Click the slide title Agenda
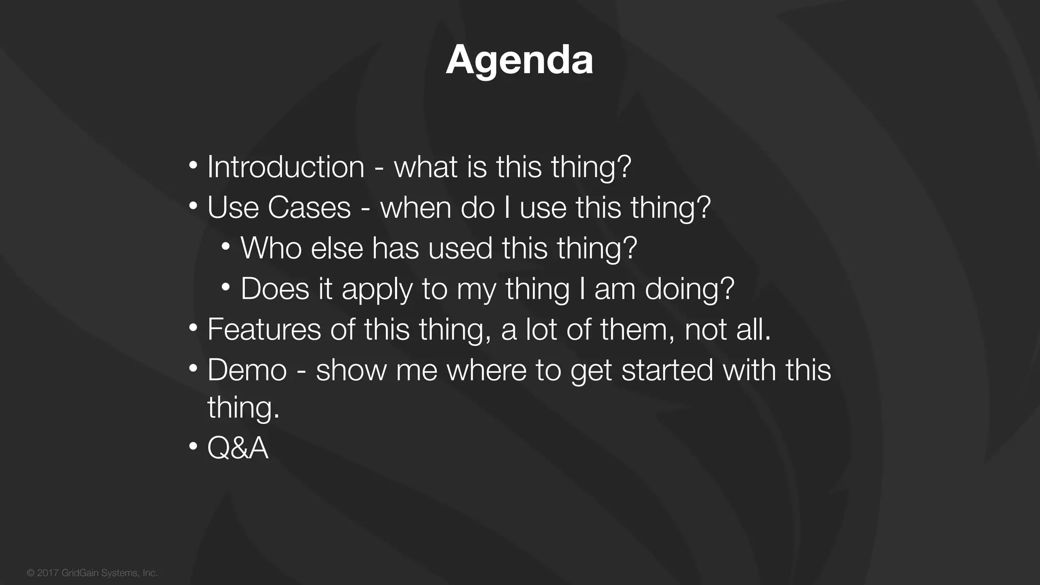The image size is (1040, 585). click(x=519, y=60)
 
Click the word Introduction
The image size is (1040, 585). click(x=286, y=167)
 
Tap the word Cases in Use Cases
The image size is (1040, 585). click(x=309, y=208)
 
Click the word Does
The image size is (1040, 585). click(x=275, y=289)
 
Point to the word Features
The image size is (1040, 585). click(x=264, y=330)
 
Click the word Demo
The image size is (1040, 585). click(x=247, y=370)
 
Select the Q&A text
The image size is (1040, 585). click(x=238, y=448)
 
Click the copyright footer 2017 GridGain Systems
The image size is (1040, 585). click(x=92, y=573)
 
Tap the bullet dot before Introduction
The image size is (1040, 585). click(x=193, y=166)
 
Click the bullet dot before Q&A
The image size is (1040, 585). click(x=193, y=447)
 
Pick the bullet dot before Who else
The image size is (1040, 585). click(x=226, y=247)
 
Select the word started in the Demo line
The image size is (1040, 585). click(x=667, y=370)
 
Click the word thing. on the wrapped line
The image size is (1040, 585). click(x=243, y=408)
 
